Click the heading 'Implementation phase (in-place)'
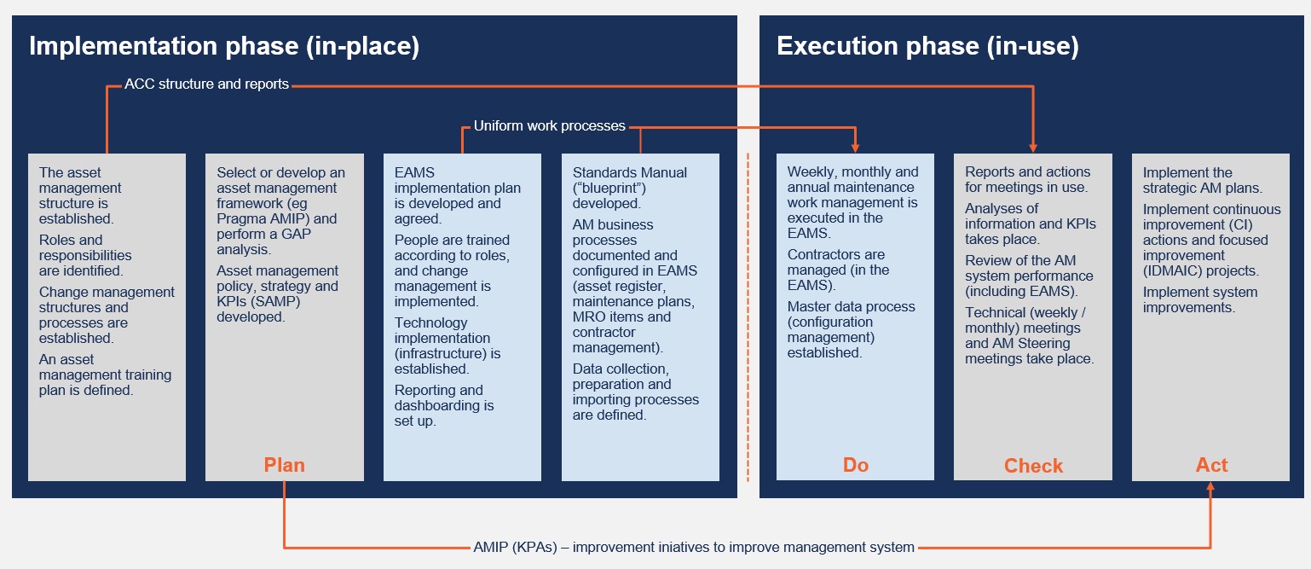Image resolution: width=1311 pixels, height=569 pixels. pyautogui.click(x=224, y=46)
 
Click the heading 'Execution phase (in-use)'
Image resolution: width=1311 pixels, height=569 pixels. pyautogui.click(x=927, y=46)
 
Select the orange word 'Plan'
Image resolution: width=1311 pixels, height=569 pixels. pyautogui.click(x=284, y=465)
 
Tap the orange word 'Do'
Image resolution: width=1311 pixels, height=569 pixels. pyautogui.click(x=855, y=465)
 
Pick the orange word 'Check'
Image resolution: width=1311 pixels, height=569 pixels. pyautogui.click(x=1033, y=465)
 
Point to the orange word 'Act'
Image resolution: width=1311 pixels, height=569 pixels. pyautogui.click(x=1211, y=465)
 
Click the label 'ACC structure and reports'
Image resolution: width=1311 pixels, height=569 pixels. pyautogui.click(x=206, y=84)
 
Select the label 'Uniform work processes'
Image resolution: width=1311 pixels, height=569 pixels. pyautogui.click(x=550, y=125)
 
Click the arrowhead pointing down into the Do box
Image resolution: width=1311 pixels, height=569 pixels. pyautogui.click(x=855, y=147)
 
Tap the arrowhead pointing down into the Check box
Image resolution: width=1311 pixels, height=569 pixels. pyautogui.click(x=1033, y=147)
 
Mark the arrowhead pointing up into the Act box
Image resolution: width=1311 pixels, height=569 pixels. pyautogui.click(x=1210, y=486)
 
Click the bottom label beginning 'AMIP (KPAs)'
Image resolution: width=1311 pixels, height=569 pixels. pyautogui.click(x=694, y=547)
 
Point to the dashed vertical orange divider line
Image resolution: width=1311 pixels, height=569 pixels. pyautogui.click(x=748, y=317)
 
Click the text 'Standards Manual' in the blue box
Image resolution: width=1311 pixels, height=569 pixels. pyautogui.click(x=630, y=172)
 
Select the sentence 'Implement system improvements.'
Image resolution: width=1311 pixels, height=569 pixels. pyautogui.click(x=1200, y=299)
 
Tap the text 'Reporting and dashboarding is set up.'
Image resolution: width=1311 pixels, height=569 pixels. pyautogui.click(x=443, y=405)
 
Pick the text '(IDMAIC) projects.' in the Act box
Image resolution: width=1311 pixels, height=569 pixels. pyautogui.click(x=1200, y=270)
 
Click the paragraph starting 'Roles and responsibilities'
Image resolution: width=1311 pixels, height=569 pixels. pyautogui.click(x=85, y=255)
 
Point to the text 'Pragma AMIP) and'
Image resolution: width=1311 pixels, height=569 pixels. pyautogui.click(x=277, y=218)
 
